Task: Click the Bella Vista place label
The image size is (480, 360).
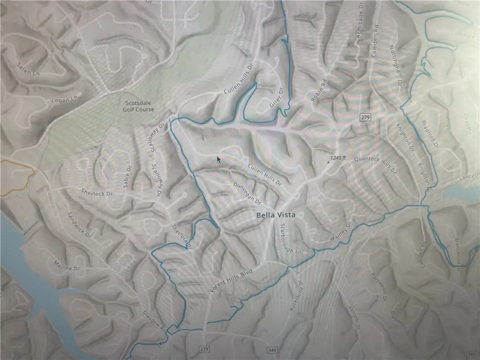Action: click(x=275, y=215)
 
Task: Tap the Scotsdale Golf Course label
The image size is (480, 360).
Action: click(x=139, y=106)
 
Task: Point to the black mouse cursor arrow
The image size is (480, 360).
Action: click(x=219, y=159)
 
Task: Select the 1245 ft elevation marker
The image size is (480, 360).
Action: click(x=337, y=158)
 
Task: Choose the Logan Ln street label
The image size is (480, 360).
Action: click(x=65, y=99)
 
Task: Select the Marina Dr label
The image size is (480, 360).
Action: click(x=66, y=265)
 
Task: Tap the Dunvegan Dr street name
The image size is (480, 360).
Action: click(x=246, y=194)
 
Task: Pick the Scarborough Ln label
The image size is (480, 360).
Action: click(x=291, y=239)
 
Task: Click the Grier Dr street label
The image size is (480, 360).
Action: click(x=275, y=98)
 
